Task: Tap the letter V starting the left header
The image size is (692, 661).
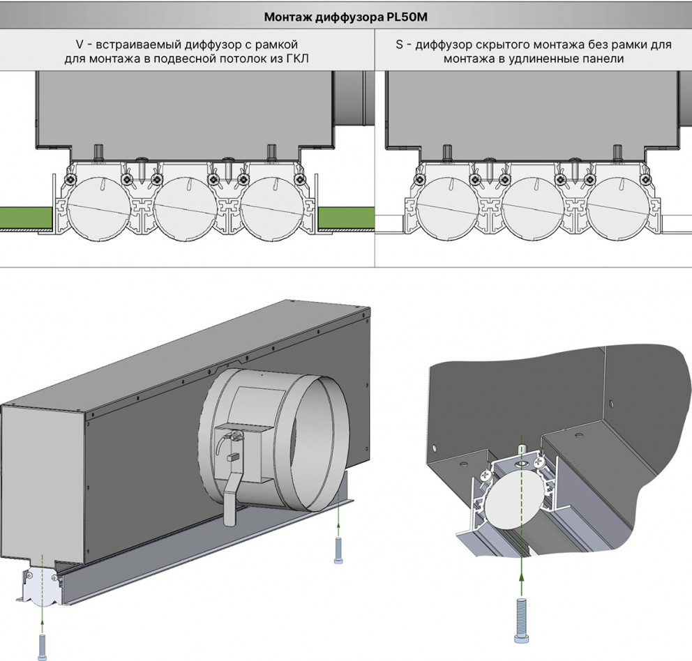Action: [x=80, y=45]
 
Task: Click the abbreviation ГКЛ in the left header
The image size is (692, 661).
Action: [x=297, y=59]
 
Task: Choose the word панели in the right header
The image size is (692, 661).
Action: [x=605, y=59]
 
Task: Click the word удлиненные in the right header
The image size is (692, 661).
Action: [x=548, y=59]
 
